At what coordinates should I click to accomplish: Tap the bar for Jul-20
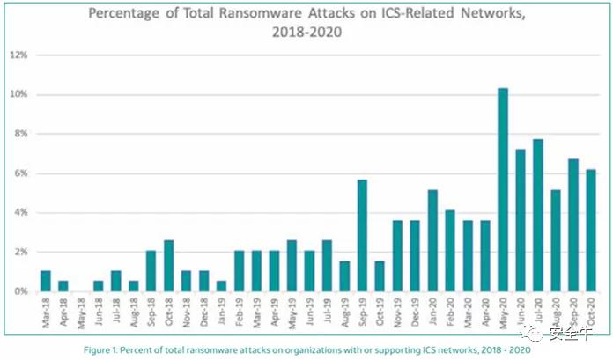(538, 215)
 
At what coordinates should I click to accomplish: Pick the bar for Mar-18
(46, 281)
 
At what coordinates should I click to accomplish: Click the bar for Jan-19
(222, 286)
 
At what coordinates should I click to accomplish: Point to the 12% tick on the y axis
(18, 55)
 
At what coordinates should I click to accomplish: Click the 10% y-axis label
(18, 94)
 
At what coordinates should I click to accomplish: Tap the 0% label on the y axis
(21, 291)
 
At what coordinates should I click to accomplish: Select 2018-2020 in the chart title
(306, 33)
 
